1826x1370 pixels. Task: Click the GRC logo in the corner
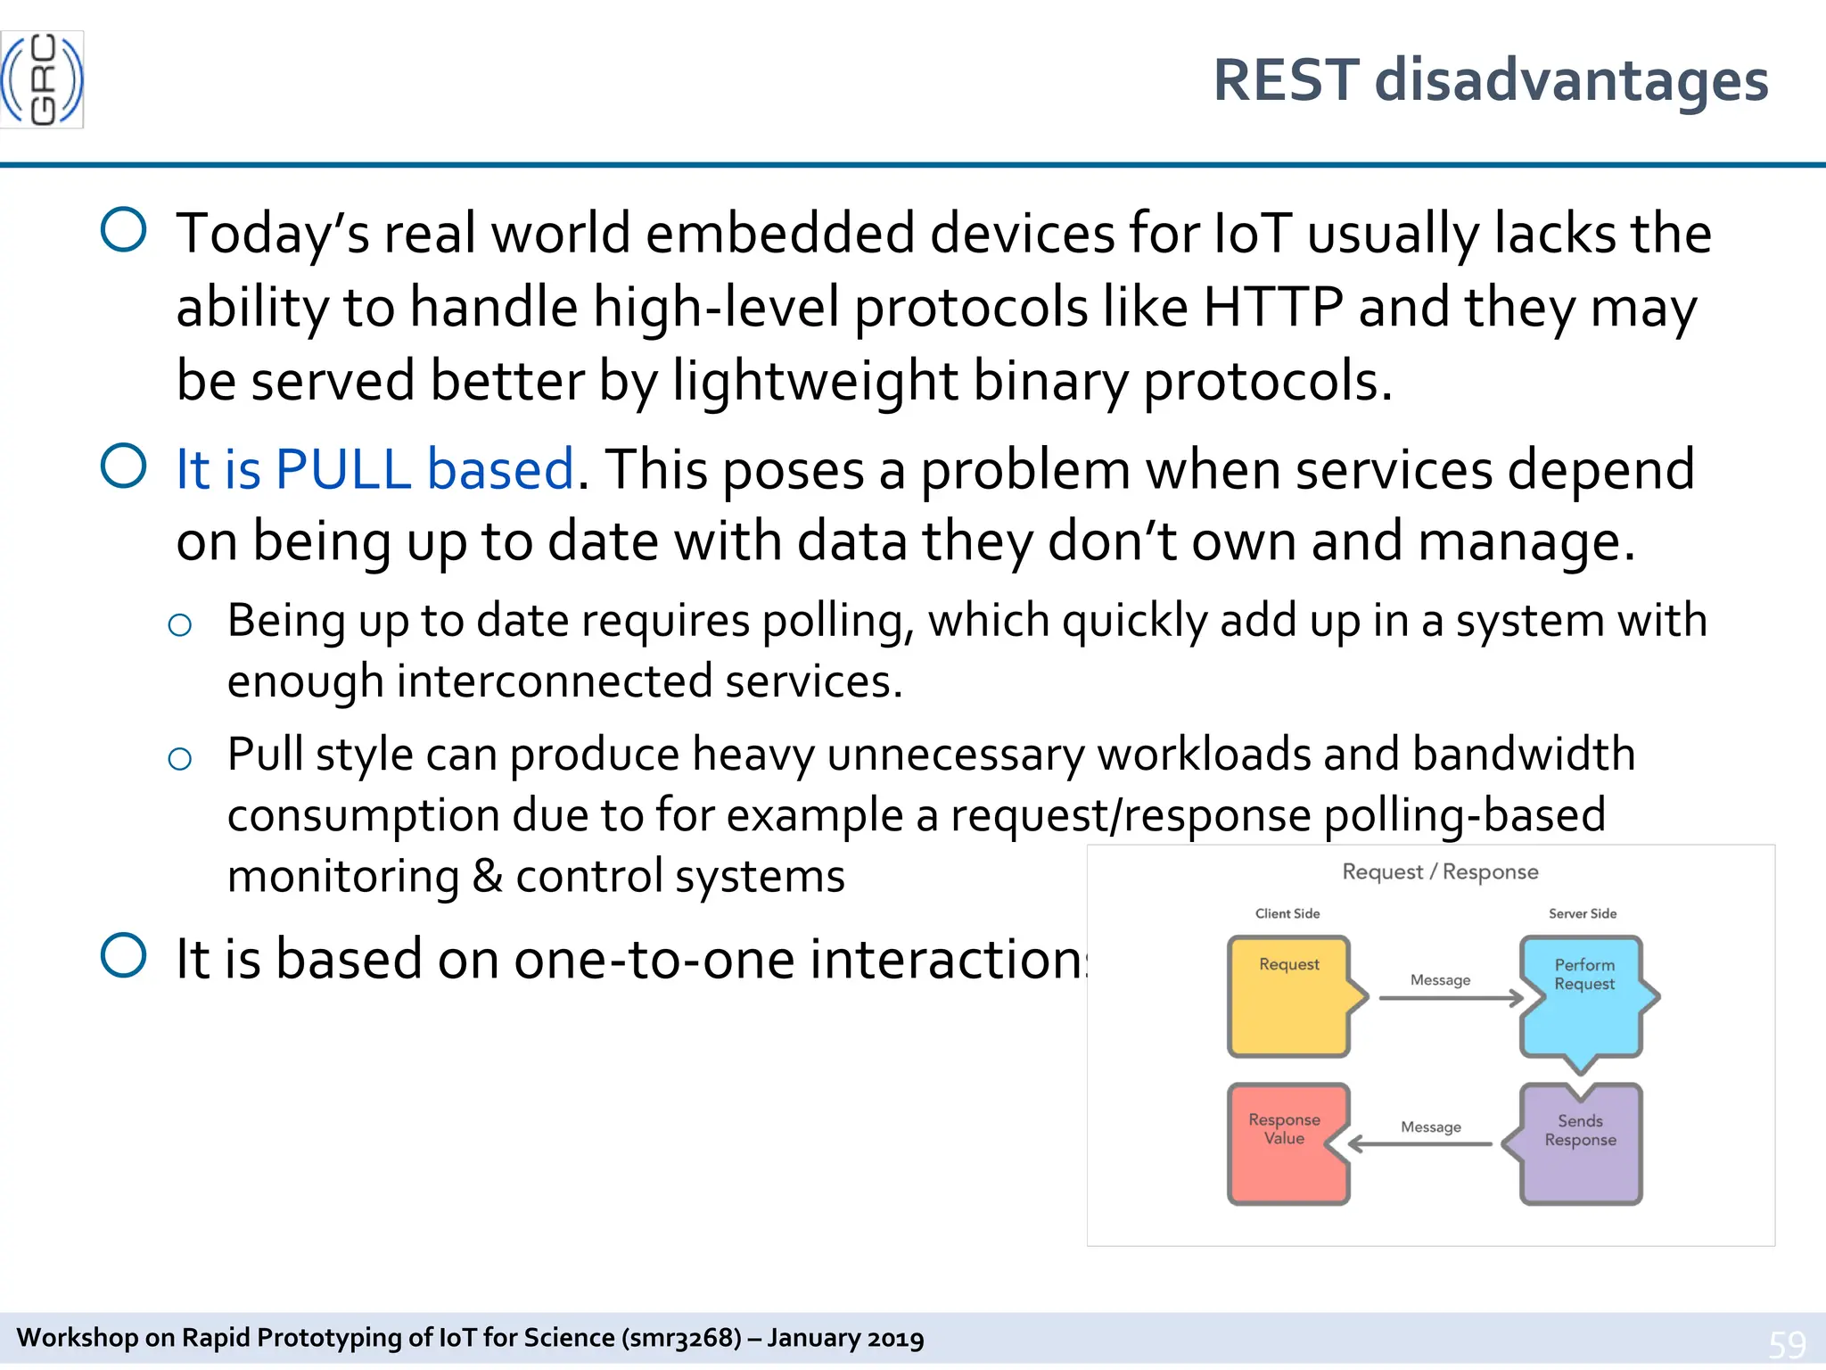coord(42,79)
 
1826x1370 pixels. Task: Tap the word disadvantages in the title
coord(1571,80)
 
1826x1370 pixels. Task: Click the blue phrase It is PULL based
coord(374,469)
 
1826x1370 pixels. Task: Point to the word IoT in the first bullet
coord(1253,234)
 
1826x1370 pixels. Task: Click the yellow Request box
coord(1289,997)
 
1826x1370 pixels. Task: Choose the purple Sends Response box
coord(1581,1144)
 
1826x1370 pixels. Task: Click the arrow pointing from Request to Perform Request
coord(1451,998)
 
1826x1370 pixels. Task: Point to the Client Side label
coord(1287,913)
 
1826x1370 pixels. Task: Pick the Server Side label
coord(1583,913)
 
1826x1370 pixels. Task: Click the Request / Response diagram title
coord(1440,871)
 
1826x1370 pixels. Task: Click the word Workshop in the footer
coord(78,1338)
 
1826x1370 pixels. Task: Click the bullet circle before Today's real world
coord(124,230)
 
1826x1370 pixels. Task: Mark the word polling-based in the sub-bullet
coord(1465,815)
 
